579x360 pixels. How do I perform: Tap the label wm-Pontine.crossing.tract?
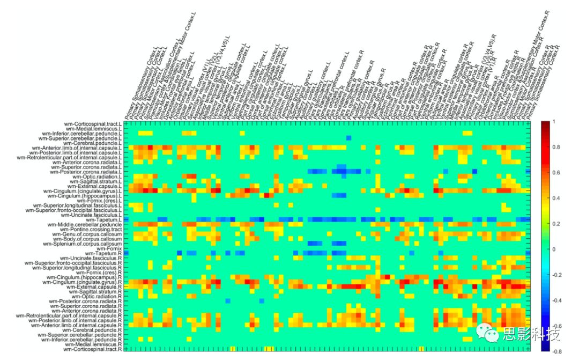pyautogui.click(x=94, y=229)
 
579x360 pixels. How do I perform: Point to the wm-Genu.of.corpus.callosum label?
pyautogui.click(x=89, y=234)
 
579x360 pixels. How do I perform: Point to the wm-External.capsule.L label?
pyautogui.click(x=96, y=186)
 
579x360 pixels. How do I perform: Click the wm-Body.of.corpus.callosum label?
pyautogui.click(x=89, y=239)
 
